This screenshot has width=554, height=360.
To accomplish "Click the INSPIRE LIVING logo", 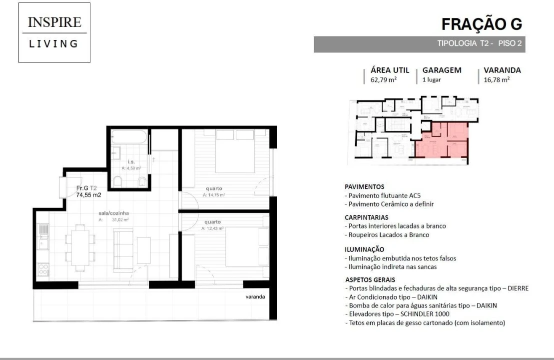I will click(x=54, y=32).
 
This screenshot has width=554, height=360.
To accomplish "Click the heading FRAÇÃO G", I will click(x=482, y=23).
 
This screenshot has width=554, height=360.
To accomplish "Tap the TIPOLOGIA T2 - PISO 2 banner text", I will click(x=479, y=43).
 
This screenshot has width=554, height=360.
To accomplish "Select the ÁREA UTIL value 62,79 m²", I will click(x=383, y=79).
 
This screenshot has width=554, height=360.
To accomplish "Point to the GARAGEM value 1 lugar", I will click(x=432, y=79).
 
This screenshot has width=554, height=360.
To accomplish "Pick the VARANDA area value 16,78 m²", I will click(x=497, y=79).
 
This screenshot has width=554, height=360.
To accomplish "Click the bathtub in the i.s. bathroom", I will click(x=129, y=137).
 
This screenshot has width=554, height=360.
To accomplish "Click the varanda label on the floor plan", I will click(x=255, y=296).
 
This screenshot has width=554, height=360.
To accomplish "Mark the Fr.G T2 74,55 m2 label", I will click(x=88, y=192).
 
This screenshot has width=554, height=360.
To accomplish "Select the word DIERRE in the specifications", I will click(x=517, y=288).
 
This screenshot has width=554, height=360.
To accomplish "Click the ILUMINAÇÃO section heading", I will click(x=365, y=249).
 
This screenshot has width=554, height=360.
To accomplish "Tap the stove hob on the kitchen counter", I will click(x=43, y=270).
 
